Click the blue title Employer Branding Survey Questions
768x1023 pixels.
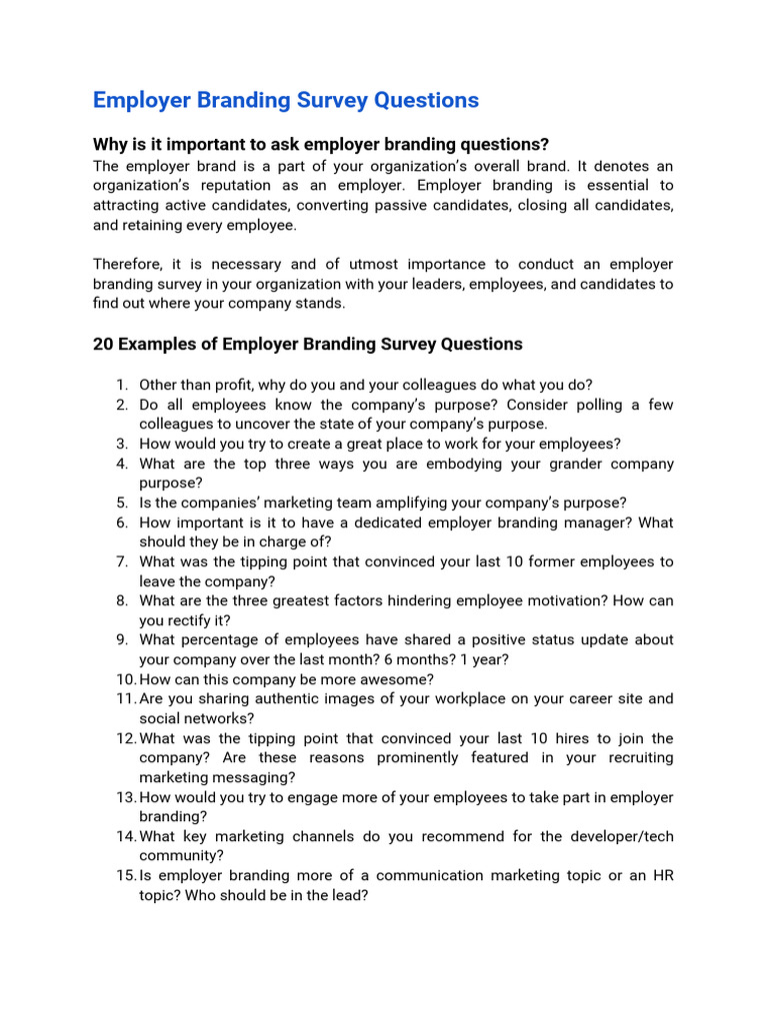285,100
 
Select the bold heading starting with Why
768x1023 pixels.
320,144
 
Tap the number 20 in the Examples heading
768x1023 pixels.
103,344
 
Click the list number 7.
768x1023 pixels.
121,561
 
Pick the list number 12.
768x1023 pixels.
124,738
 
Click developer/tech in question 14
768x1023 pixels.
618,836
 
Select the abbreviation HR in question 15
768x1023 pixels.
662,875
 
